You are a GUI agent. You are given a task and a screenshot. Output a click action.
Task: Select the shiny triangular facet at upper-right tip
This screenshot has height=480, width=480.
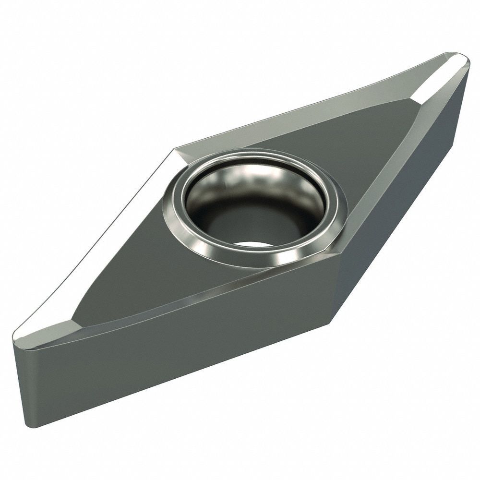[444, 72]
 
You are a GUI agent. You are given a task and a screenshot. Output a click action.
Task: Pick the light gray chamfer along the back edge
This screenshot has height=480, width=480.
[298, 115]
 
